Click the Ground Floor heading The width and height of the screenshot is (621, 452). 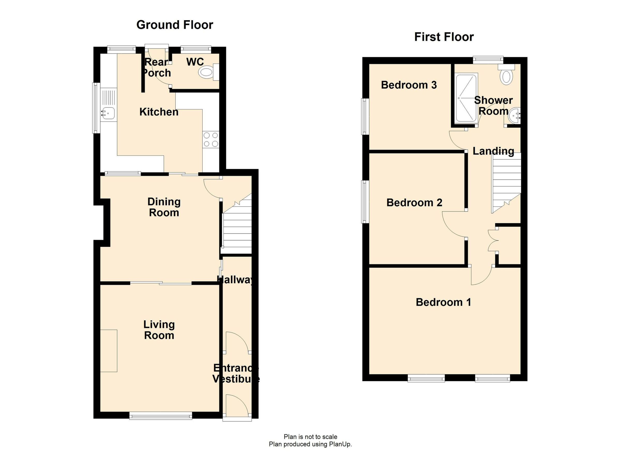(175, 25)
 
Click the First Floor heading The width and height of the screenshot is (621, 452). (444, 37)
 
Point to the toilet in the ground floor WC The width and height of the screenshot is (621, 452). (206, 72)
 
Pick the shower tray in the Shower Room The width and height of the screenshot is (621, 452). (466, 98)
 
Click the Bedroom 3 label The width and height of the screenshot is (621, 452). (409, 85)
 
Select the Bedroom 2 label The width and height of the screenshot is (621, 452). (414, 203)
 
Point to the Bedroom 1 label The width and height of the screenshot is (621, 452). (443, 302)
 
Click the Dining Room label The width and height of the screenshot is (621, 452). (164, 207)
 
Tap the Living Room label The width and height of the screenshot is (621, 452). (159, 330)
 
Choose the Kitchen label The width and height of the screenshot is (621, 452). (159, 112)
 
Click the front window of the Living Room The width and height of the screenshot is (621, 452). (161, 417)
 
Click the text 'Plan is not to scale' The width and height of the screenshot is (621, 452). (310, 437)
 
